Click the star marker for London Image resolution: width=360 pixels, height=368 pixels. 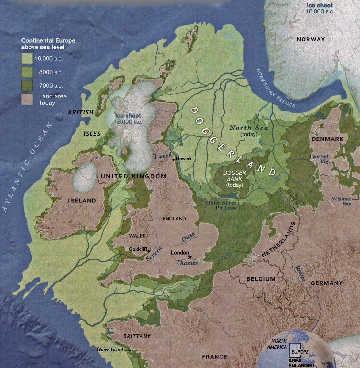click(x=190, y=256)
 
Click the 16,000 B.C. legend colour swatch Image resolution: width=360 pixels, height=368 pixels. click(x=27, y=58)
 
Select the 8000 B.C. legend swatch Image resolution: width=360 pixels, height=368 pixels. click(x=27, y=72)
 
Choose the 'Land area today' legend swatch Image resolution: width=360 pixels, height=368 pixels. click(x=27, y=99)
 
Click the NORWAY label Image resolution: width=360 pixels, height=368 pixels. click(x=311, y=39)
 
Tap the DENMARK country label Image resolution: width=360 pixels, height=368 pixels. click(x=327, y=139)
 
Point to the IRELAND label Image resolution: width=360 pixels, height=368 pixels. click(x=82, y=201)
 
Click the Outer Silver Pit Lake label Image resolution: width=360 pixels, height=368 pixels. click(x=221, y=205)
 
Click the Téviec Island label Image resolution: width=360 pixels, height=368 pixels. click(x=109, y=350)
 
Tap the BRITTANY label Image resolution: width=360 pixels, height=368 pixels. click(x=137, y=336)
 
